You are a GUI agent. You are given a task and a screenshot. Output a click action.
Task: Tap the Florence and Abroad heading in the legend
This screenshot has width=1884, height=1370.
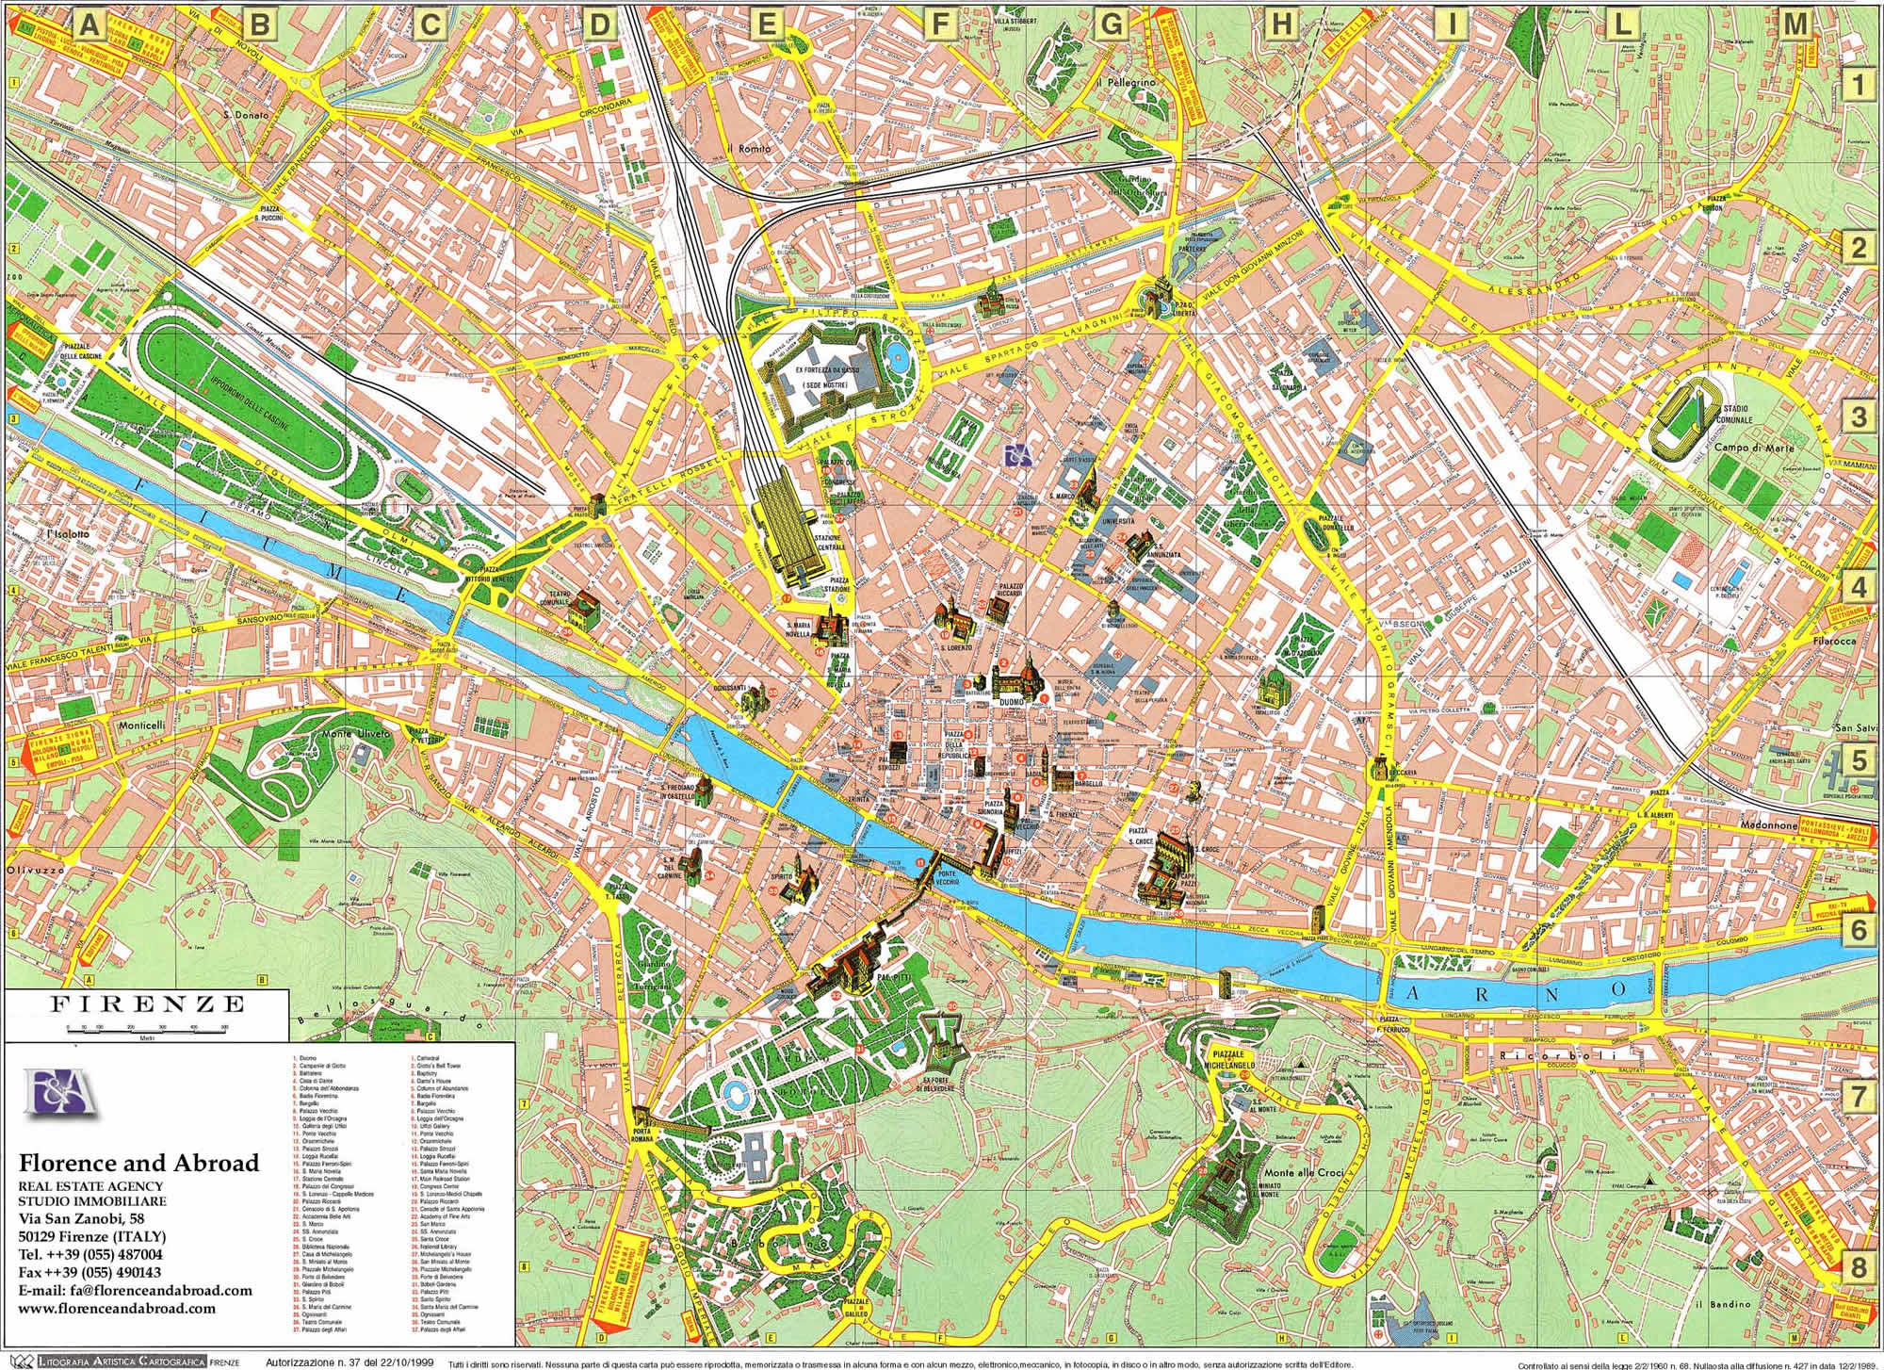pyautogui.click(x=138, y=1163)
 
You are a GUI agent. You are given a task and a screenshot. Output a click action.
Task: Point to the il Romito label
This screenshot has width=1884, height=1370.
pyautogui.click(x=748, y=149)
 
